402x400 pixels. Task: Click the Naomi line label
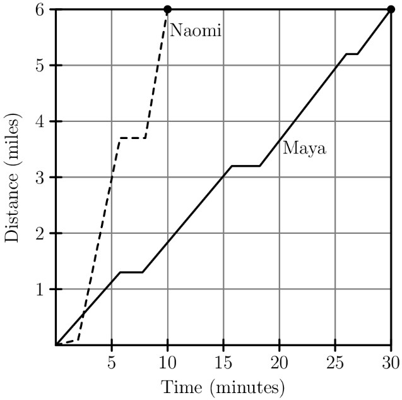click(195, 30)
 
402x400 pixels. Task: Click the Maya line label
click(304, 149)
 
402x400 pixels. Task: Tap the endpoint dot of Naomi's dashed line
click(167, 9)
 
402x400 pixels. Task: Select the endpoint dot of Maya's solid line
click(391, 9)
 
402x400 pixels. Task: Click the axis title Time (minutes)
click(223, 385)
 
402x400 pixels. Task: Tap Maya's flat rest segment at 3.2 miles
click(246, 166)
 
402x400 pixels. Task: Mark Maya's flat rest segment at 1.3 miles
click(131, 272)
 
